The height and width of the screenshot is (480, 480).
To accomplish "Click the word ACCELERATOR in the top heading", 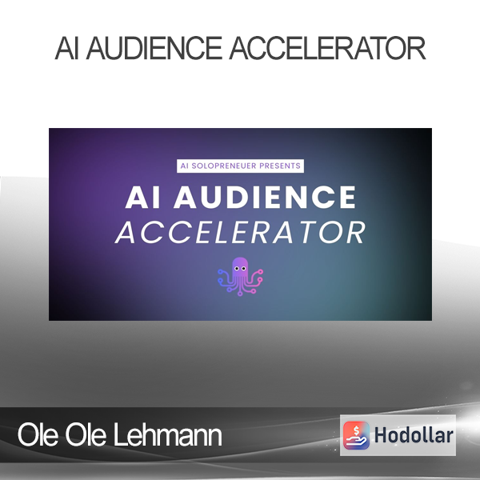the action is point(327,48).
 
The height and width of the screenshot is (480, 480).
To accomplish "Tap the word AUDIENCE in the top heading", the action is point(154,48).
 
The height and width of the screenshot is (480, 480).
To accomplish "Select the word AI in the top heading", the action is point(67,48).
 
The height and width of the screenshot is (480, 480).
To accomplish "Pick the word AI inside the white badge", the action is point(184,166).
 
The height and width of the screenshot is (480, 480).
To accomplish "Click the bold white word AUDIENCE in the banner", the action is point(265,198).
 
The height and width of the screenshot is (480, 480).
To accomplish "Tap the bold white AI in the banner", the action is point(142,198).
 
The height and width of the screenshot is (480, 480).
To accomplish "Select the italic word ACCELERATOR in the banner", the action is point(240,233).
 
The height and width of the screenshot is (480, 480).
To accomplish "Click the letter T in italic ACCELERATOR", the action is point(303,233).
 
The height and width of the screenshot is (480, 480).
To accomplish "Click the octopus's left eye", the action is point(237,269).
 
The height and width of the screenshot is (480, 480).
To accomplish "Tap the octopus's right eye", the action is point(244,269).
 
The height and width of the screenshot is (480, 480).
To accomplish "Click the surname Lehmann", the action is point(168,435).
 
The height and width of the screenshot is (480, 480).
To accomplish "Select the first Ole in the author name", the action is point(38,435).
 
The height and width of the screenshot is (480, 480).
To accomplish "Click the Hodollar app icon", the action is point(356,435).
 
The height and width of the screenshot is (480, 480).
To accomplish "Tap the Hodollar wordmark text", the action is point(414,435).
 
